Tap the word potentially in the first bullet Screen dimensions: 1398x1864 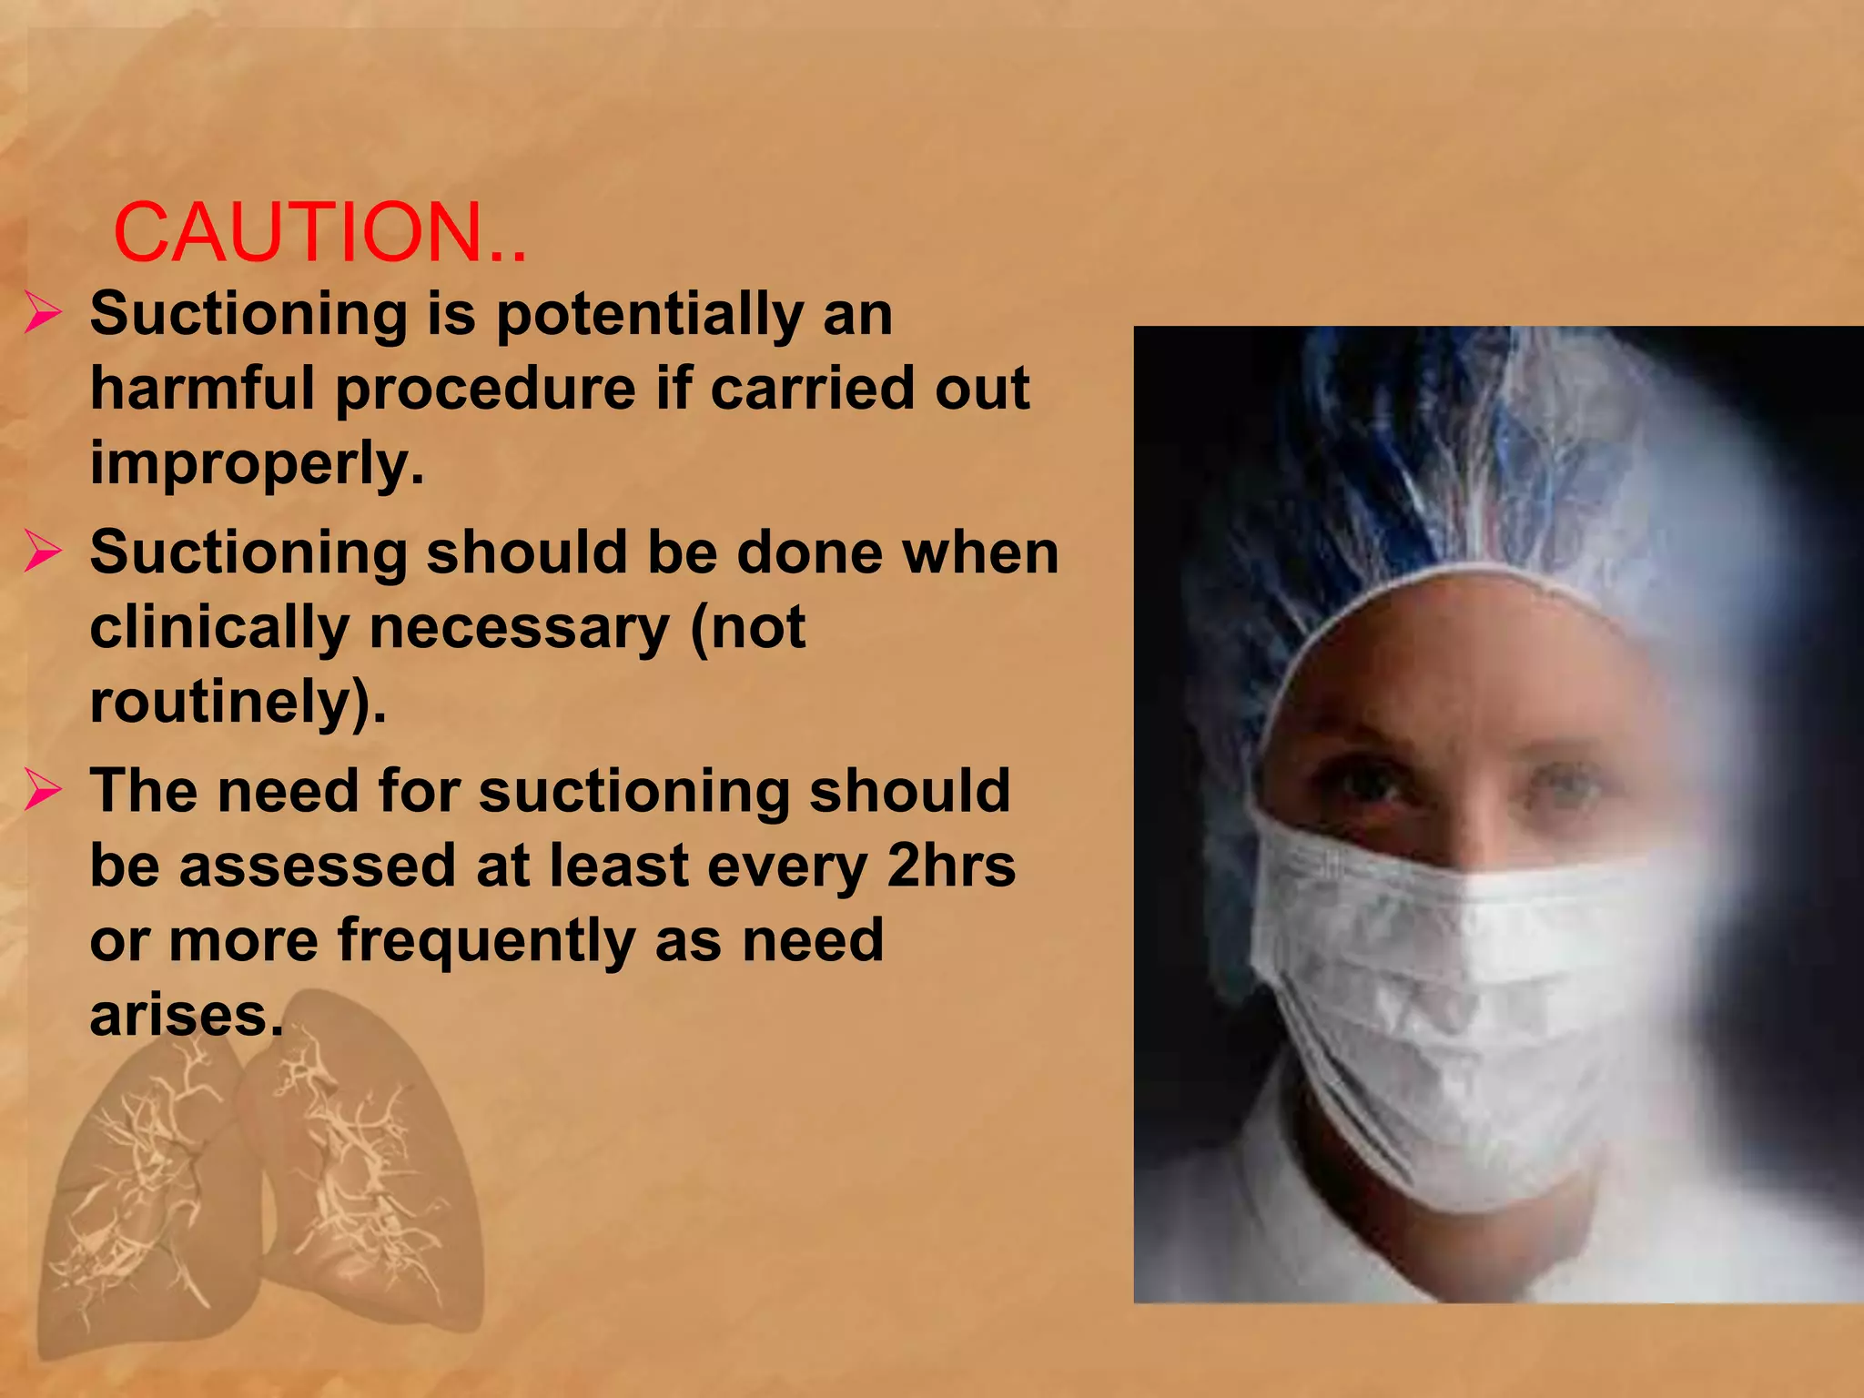coord(649,315)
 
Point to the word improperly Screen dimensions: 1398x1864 coord(257,464)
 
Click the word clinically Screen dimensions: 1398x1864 coord(219,628)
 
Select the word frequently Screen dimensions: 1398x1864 coord(486,941)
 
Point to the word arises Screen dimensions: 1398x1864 coord(186,1016)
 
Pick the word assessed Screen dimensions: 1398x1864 coord(317,866)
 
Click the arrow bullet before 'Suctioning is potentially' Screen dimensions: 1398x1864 coord(43,314)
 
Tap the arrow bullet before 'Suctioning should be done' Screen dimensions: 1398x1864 coord(43,552)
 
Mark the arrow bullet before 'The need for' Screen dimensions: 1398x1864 coord(43,790)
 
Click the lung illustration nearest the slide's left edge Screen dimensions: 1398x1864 coord(146,1201)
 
